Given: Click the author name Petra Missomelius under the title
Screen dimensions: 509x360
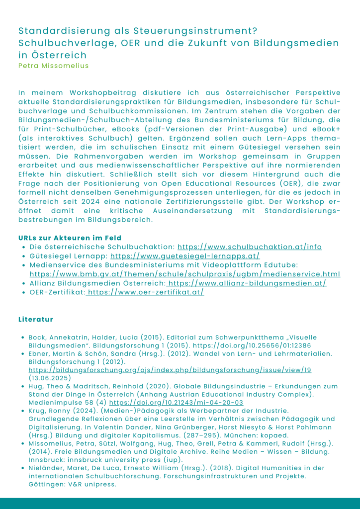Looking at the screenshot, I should coord(53,65).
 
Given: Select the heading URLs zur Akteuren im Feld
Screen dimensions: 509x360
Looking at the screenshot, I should coord(70,238).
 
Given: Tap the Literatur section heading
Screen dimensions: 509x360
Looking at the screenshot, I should coord(35,319).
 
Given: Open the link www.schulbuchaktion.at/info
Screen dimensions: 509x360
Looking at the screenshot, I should coord(249,247).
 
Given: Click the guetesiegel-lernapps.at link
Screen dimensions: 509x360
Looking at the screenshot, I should coord(185,256).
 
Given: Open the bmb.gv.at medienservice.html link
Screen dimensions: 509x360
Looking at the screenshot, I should coord(185,274).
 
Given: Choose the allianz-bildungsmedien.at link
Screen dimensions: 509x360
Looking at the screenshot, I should coord(247,283).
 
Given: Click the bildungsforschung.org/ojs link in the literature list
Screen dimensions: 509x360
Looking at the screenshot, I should coord(170,370).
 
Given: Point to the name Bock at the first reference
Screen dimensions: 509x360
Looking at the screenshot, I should coord(38,337).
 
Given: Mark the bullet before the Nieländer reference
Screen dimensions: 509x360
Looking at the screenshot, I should coord(23,468).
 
